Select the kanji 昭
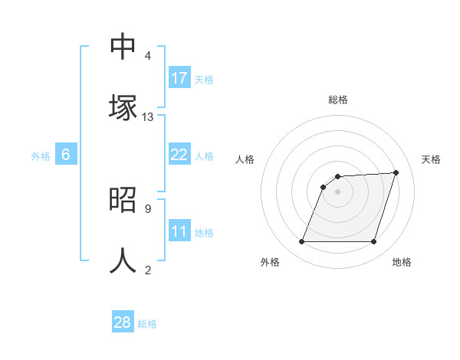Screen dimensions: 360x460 pos(123,199)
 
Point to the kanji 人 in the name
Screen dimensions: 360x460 pos(123,260)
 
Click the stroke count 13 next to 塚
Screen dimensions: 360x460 pos(148,117)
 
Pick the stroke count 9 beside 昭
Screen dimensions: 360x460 pos(147,208)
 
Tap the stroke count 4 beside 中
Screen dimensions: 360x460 pos(147,56)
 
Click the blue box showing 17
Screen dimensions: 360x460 pos(179,78)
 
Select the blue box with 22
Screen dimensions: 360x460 pos(179,155)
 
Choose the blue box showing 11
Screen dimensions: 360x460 pos(179,231)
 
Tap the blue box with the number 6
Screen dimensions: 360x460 pos(66,155)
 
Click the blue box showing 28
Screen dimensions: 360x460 pos(123,322)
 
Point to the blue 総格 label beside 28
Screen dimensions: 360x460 pos(147,324)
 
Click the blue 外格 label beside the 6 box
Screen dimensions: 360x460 pos(41,156)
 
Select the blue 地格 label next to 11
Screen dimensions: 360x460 pos(204,233)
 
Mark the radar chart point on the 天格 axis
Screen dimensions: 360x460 pos(396,172)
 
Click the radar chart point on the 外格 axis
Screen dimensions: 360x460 pos(301,241)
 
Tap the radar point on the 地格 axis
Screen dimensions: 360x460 pos(373,241)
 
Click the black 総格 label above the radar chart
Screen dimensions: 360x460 pos(338,100)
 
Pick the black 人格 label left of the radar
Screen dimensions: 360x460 pos(245,159)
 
